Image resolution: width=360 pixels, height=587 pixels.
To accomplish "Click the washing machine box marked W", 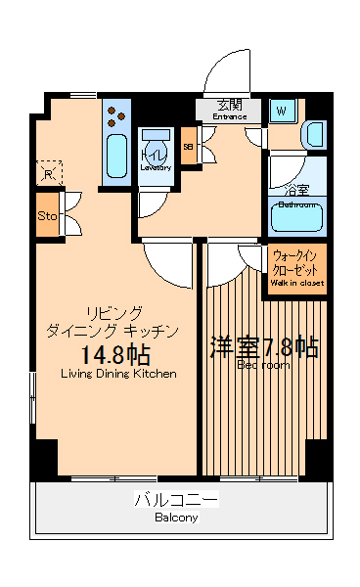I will point(281,112).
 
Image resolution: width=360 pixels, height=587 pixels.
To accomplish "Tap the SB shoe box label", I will point(189,147).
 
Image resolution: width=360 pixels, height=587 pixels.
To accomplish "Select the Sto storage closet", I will point(47,216).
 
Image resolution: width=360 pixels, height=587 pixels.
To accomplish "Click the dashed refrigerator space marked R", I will point(48,173).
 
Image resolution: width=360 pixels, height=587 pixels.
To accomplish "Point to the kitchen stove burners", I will point(115,114).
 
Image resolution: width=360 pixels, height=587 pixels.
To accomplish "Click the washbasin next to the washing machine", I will point(314,133).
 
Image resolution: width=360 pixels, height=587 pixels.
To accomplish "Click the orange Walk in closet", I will point(296,268).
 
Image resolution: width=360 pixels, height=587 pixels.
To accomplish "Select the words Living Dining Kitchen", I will point(118,374).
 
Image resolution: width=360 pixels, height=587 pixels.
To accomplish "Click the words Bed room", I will point(262,365).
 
